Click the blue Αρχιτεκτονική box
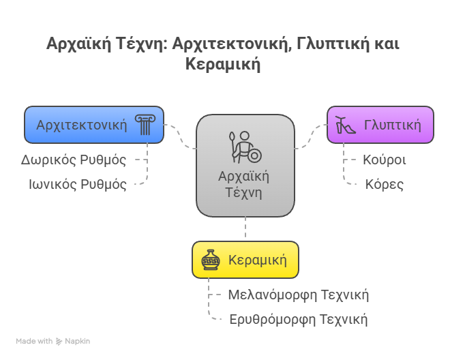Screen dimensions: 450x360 pyautogui.click(x=94, y=125)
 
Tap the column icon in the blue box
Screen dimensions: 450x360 pyautogui.click(x=145, y=125)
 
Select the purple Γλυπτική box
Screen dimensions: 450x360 pyautogui.click(x=380, y=125)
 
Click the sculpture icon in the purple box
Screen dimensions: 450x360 pyautogui.click(x=346, y=125)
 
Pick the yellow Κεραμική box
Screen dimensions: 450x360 pyautogui.click(x=245, y=260)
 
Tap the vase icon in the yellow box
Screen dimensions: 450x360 pyautogui.click(x=211, y=260)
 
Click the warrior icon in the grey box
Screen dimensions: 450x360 pyautogui.click(x=245, y=147)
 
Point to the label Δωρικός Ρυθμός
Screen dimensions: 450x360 pyautogui.click(x=74, y=160)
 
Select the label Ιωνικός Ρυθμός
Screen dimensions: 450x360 pyautogui.click(x=78, y=185)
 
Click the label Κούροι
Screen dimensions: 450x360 pyautogui.click(x=385, y=160)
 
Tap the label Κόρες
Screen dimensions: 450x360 pyautogui.click(x=385, y=185)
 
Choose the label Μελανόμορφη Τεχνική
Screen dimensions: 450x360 pyautogui.click(x=299, y=295)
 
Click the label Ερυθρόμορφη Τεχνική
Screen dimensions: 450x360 pyautogui.click(x=299, y=320)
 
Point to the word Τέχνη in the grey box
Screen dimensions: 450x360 pyautogui.click(x=243, y=193)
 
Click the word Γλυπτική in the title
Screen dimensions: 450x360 pyautogui.click(x=333, y=44)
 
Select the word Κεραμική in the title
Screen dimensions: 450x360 pyautogui.click(x=223, y=63)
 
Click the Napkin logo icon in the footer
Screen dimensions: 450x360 pyautogui.click(x=59, y=342)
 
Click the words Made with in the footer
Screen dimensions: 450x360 pyautogui.click(x=34, y=342)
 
